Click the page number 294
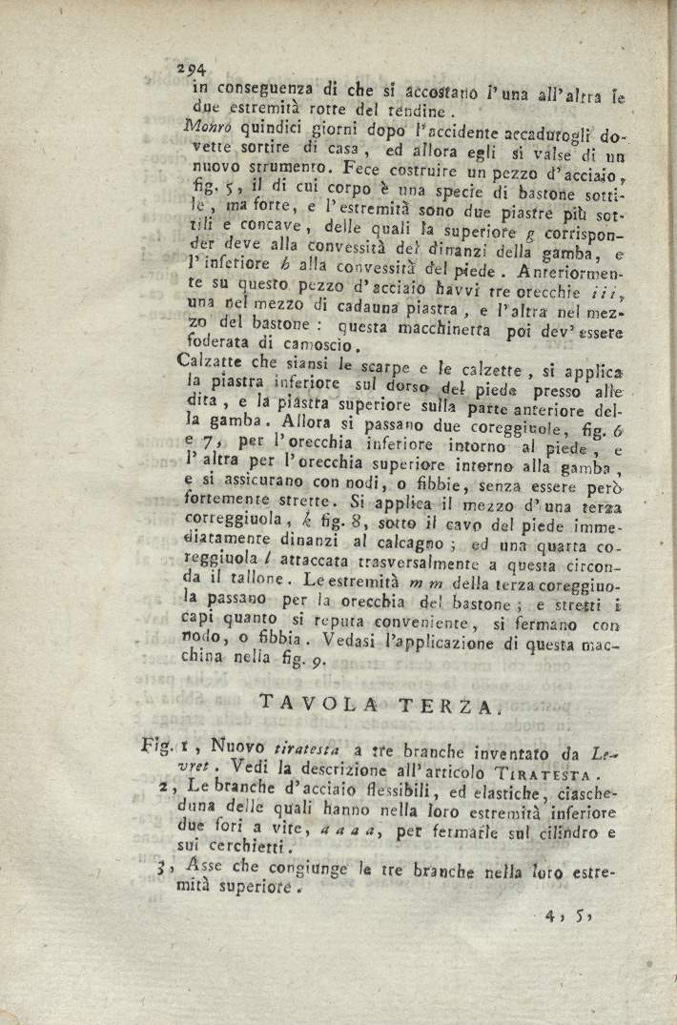click(194, 70)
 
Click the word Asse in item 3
click(204, 868)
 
